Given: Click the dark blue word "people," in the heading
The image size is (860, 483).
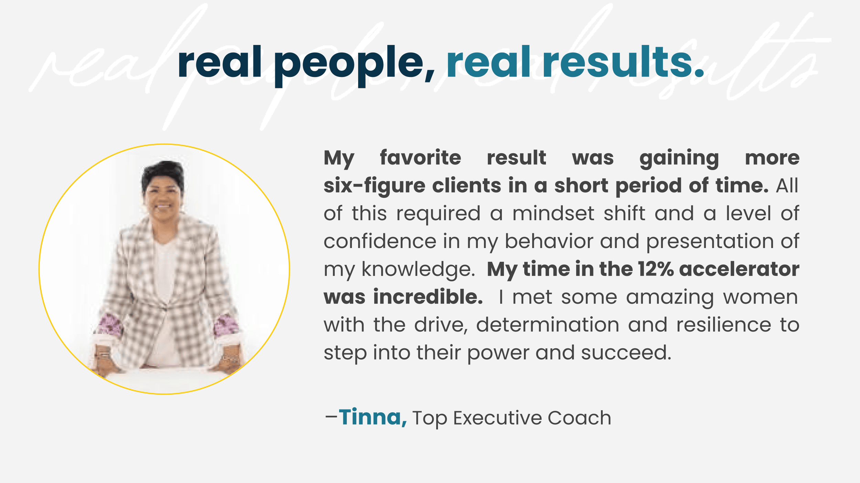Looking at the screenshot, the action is pyautogui.click(x=354, y=65).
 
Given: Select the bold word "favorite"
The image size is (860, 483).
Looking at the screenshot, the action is pyautogui.click(x=420, y=158).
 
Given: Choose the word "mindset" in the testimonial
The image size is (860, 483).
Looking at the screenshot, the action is pyautogui.click(x=553, y=213).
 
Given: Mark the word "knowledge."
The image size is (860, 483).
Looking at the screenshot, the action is pyautogui.click(x=418, y=270).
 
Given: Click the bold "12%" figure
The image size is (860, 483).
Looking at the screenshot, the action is pyautogui.click(x=656, y=269).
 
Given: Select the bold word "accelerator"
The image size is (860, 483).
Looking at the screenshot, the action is pyautogui.click(x=739, y=269).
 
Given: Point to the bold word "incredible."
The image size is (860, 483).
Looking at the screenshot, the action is pyautogui.click(x=428, y=297).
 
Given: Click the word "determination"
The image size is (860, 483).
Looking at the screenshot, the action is pyautogui.click(x=548, y=325).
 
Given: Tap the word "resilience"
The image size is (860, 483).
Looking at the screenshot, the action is pyautogui.click(x=724, y=325).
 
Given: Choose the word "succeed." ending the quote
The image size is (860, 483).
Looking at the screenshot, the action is pyautogui.click(x=626, y=353).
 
